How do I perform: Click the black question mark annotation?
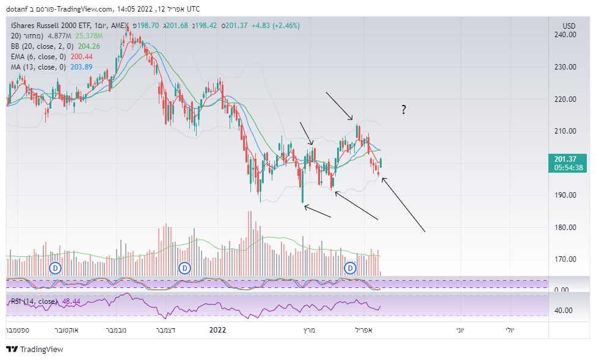(404, 110)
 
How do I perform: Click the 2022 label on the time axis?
(217, 329)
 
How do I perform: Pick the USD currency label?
(569, 26)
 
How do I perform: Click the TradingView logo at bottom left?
(35, 350)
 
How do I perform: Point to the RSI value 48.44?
(72, 301)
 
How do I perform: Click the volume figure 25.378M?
(89, 36)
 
